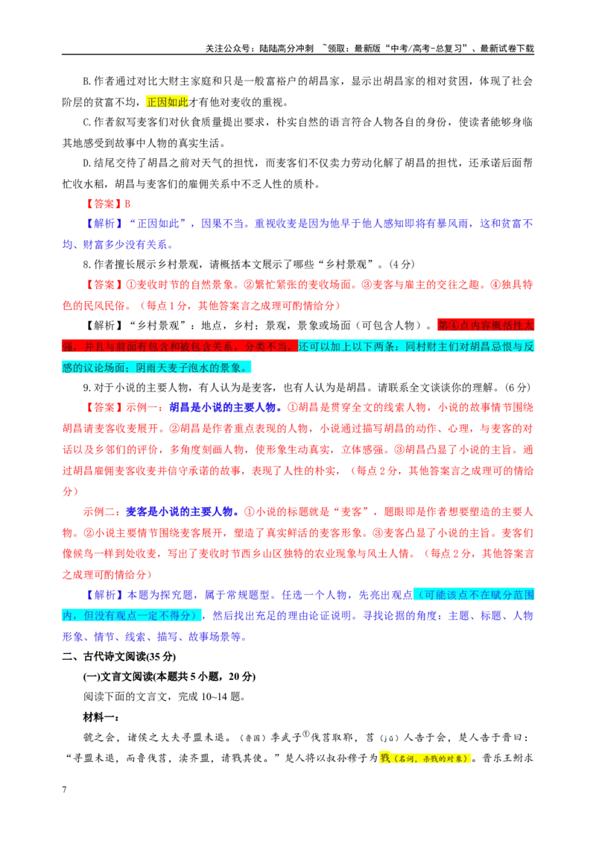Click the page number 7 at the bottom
click(65, 789)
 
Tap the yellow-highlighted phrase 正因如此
click(168, 101)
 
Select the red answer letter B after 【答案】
click(127, 204)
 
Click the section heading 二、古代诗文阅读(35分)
click(119, 656)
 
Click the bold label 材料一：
click(101, 717)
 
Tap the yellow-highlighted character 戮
click(384, 758)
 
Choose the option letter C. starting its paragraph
click(88, 122)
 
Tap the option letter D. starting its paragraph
click(88, 163)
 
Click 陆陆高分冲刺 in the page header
click(286, 48)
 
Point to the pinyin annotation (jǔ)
click(390, 738)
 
